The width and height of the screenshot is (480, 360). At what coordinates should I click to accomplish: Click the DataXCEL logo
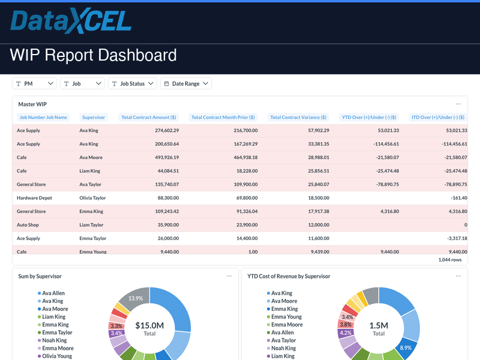point(71,22)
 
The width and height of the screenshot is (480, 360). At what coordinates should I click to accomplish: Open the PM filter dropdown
point(35,84)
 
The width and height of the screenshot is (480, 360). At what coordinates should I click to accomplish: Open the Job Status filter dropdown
point(132,84)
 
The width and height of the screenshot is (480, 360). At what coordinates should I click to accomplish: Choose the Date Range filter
point(185,84)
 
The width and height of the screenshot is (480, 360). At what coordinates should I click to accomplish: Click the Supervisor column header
point(94,118)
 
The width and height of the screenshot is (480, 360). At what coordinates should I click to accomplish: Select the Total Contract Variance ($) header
point(298,118)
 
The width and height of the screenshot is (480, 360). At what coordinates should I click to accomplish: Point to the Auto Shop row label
point(29,225)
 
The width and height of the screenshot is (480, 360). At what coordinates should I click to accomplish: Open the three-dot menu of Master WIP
point(458,104)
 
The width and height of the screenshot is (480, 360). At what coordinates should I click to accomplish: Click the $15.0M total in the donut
point(149,326)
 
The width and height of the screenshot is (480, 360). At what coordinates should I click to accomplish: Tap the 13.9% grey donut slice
point(136,298)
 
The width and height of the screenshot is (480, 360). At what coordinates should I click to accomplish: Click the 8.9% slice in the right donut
point(406,347)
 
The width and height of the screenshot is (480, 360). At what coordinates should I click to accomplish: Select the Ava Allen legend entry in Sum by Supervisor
point(53,293)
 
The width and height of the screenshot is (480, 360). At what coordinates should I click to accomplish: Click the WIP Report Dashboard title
point(94,56)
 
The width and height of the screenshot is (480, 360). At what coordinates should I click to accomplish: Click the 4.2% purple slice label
point(346,332)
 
